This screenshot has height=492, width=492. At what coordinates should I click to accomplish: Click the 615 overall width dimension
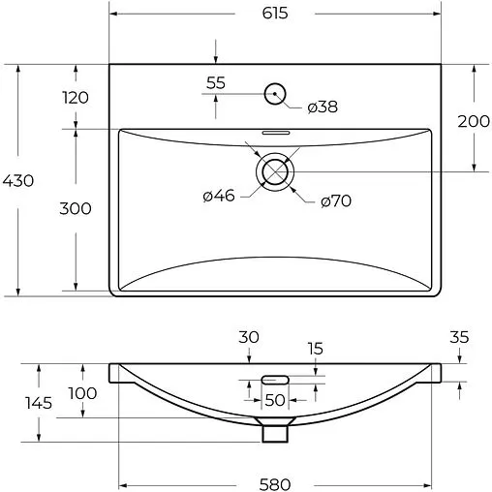coord(274,13)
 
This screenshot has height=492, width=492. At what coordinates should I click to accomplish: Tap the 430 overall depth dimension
coord(18,180)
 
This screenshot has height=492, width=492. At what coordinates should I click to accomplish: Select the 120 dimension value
coord(76,97)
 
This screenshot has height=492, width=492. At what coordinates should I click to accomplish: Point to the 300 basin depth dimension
coord(76,208)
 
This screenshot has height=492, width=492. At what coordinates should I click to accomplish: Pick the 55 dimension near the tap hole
coord(216,83)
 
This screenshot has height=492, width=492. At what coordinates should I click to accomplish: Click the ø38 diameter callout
coord(322,107)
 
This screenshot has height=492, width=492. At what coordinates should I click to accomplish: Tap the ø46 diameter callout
coord(219,197)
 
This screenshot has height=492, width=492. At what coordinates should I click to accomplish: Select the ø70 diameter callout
coord(335,200)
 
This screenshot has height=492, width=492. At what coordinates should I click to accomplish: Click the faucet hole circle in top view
coord(276,93)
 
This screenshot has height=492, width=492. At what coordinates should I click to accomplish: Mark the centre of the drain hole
coord(275,170)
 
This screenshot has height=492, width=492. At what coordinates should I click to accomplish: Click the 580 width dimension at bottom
coord(276,481)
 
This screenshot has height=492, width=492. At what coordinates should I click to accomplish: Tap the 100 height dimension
coord(83,392)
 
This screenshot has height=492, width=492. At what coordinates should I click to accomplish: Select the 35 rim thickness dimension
coord(459,338)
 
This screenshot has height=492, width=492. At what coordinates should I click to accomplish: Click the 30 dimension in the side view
coord(250,337)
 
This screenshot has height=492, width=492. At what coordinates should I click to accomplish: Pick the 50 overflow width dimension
coord(275,399)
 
